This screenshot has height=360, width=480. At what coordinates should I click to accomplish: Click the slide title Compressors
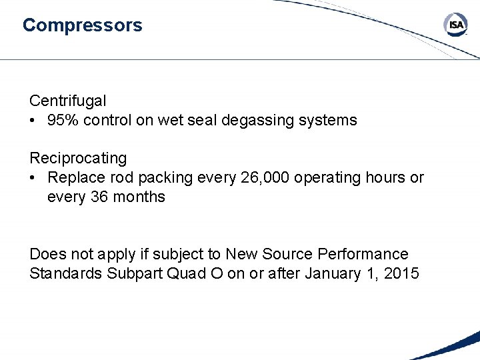coord(82,25)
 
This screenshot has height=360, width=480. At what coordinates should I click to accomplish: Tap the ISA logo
coord(455,25)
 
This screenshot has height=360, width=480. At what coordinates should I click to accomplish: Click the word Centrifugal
coord(67,101)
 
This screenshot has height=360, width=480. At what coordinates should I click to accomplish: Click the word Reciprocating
coord(77,159)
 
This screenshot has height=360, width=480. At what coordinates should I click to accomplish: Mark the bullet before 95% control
coord(34,121)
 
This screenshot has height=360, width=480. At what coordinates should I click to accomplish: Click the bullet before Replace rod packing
coord(34,178)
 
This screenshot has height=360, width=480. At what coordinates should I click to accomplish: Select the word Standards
coord(65,273)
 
